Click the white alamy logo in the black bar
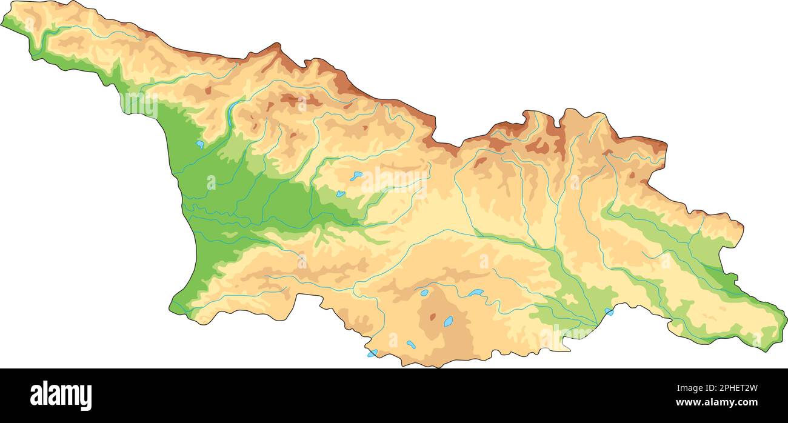61,395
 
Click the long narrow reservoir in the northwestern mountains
233,110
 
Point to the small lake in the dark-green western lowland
199,144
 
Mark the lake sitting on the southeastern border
609,311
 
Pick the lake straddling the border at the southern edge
372,353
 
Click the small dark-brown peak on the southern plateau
432,316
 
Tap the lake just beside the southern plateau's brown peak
448,322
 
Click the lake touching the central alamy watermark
356,176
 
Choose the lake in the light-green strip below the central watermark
341,194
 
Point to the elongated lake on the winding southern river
475,293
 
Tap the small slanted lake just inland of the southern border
411,344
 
